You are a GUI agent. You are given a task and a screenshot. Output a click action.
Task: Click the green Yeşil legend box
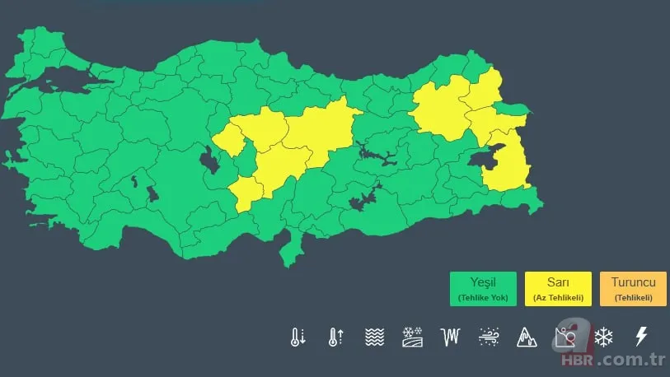tap(483, 289)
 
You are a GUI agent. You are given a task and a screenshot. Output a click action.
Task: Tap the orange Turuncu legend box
tap(633, 289)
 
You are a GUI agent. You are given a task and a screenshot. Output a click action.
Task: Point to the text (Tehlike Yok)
tap(483, 297)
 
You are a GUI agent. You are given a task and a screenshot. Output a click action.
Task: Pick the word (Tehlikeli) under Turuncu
tap(633, 297)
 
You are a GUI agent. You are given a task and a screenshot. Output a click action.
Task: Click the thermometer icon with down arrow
tap(298, 337)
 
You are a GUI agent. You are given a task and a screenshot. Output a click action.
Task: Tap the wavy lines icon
tap(374, 337)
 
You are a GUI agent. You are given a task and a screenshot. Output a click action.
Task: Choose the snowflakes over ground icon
tap(412, 337)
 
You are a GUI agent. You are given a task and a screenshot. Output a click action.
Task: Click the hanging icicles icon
tap(450, 337)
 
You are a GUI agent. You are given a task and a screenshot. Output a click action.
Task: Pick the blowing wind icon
tap(488, 337)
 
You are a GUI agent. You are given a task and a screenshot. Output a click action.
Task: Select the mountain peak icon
tap(526, 337)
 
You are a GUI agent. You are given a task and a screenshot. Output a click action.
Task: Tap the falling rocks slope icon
tap(565, 337)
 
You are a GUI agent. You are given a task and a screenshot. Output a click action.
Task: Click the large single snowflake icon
tap(604, 337)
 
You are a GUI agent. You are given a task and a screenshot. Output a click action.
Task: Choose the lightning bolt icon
tap(640, 337)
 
